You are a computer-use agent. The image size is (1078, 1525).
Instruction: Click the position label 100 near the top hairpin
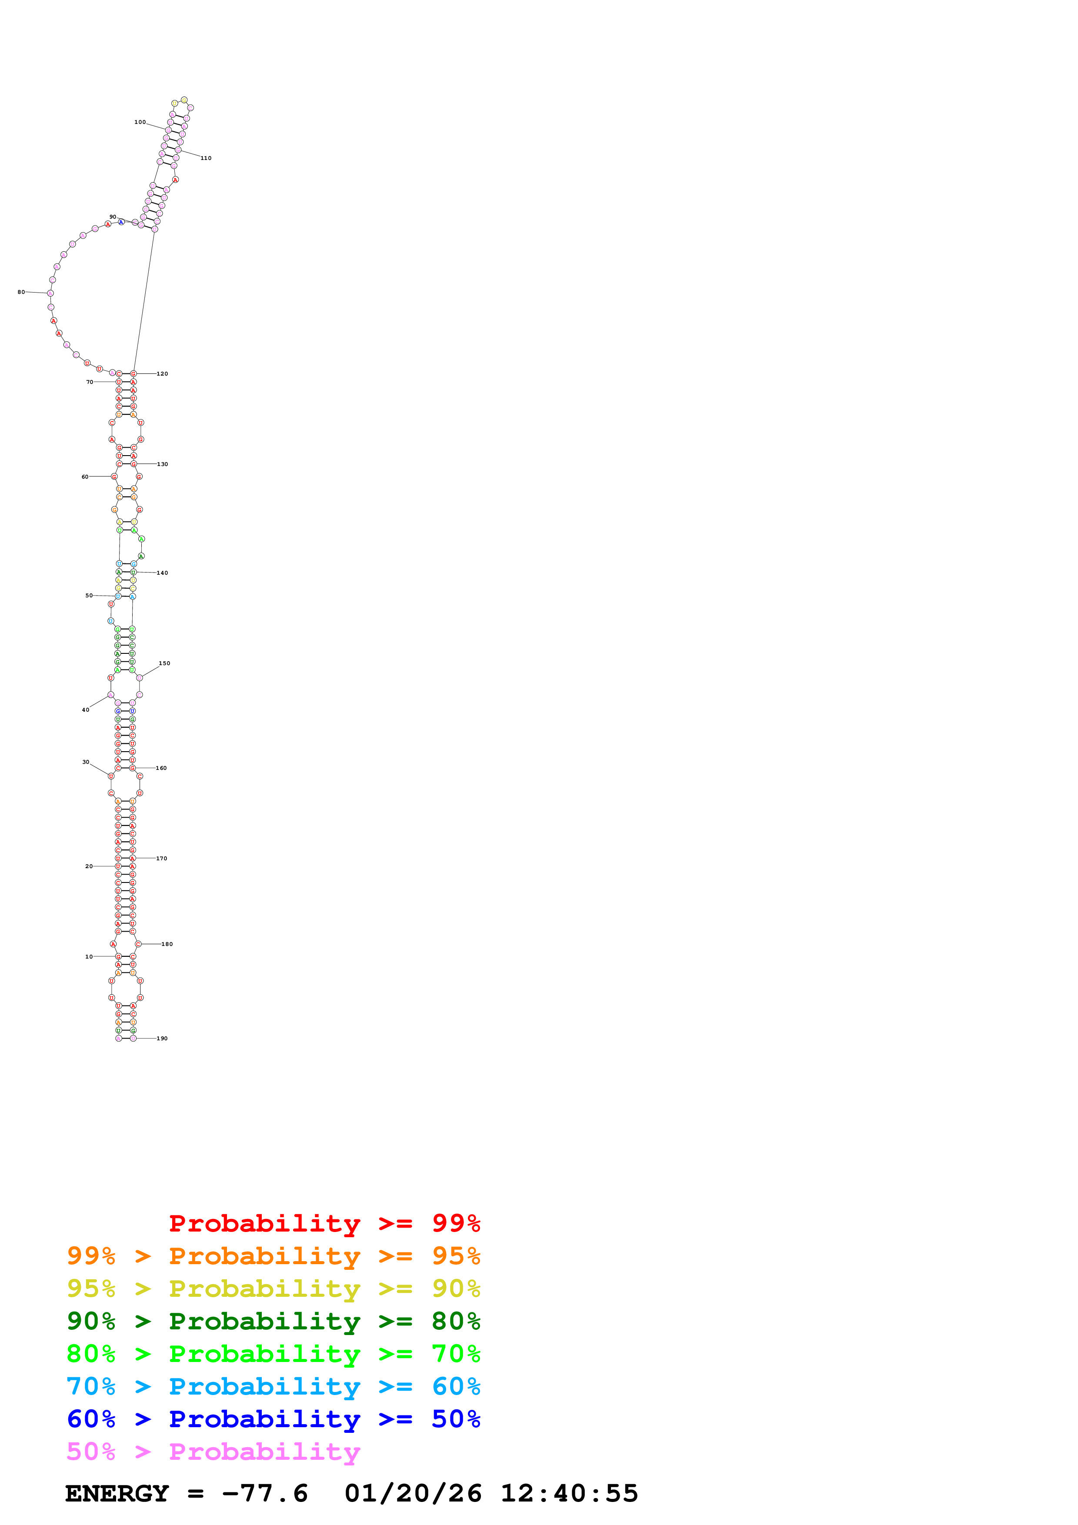(140, 122)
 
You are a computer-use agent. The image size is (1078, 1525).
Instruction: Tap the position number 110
(206, 158)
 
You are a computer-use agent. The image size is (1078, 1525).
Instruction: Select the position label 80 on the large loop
(21, 292)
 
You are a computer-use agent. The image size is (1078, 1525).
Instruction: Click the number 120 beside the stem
(162, 374)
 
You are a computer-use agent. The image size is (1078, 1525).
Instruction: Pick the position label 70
(90, 382)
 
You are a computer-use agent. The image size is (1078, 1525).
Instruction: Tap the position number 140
(162, 573)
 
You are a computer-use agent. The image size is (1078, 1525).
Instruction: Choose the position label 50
(89, 596)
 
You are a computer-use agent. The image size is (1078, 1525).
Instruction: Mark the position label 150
(164, 663)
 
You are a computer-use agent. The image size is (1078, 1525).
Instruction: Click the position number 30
(86, 762)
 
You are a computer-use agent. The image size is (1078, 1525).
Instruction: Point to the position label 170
(161, 858)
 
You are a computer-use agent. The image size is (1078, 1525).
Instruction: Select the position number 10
(89, 956)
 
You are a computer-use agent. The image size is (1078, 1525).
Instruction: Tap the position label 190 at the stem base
(162, 1038)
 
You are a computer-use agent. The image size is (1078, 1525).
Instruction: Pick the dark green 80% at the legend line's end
(456, 1321)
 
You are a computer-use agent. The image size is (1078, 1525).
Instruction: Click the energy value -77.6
(264, 1493)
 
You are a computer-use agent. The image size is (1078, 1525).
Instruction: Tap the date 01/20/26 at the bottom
(413, 1493)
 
